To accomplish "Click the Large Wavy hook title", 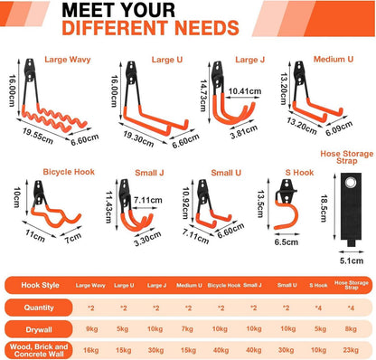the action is click(68, 60).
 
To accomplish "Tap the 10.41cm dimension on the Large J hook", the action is click(245, 91).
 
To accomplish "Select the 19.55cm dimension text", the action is click(38, 136).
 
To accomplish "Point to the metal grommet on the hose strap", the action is click(350, 183).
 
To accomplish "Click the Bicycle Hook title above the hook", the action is click(69, 172).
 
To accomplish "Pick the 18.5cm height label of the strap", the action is click(324, 208).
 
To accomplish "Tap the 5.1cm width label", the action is click(352, 261).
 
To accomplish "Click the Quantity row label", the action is click(39, 308).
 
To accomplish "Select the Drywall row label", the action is click(39, 329).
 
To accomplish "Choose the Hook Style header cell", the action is click(40, 285).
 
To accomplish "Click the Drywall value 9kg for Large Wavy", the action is click(92, 329).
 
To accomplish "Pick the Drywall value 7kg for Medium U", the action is click(187, 329).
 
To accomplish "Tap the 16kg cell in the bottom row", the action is click(91, 350).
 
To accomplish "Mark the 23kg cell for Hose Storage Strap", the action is click(351, 350).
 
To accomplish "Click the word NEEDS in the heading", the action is click(207, 28).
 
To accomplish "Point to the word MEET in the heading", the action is click(88, 10).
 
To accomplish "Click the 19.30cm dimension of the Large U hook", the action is click(138, 138).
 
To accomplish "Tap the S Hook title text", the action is click(299, 173).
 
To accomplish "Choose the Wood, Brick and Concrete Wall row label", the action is click(39, 350).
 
